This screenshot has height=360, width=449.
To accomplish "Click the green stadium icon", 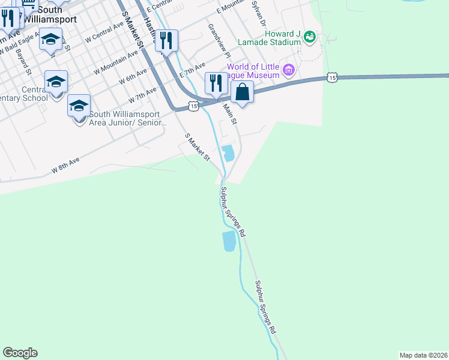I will point(310,37).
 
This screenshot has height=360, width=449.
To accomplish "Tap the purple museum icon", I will point(289,71).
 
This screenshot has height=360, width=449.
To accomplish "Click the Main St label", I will point(231,114).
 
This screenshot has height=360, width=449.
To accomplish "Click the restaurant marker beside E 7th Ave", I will point(215,83).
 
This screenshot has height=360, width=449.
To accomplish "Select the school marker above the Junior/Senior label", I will point(79,106).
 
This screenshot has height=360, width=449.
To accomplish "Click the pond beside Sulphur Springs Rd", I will point(229,241).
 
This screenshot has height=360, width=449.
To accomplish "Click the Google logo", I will point(20,353).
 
